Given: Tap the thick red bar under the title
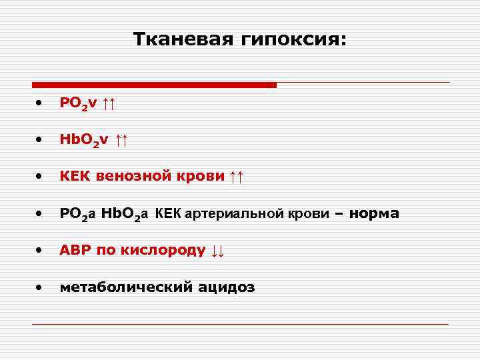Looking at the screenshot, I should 154,85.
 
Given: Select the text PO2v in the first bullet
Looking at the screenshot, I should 78,103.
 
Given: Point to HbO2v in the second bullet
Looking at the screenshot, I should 83,140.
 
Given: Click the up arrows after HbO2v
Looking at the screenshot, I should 121,139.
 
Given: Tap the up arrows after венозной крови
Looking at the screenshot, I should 236,177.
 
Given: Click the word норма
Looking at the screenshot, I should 374,214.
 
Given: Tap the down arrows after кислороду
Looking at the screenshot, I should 217,251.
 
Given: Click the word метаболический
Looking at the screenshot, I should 125,287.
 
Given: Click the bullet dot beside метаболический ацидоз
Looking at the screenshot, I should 40,288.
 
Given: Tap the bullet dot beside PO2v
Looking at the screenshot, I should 40,103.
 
